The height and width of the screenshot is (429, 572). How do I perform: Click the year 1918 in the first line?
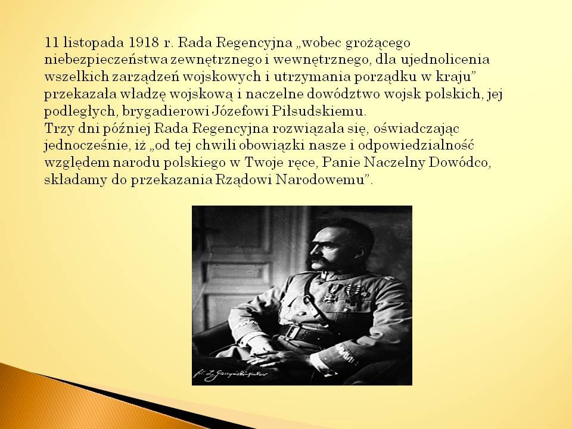point(144,43)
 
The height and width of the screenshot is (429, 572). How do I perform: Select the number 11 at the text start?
point(51,43)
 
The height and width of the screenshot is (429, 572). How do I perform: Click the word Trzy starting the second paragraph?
point(58,129)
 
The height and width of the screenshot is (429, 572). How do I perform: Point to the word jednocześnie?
point(85,146)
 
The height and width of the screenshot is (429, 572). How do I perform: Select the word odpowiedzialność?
point(416,146)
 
